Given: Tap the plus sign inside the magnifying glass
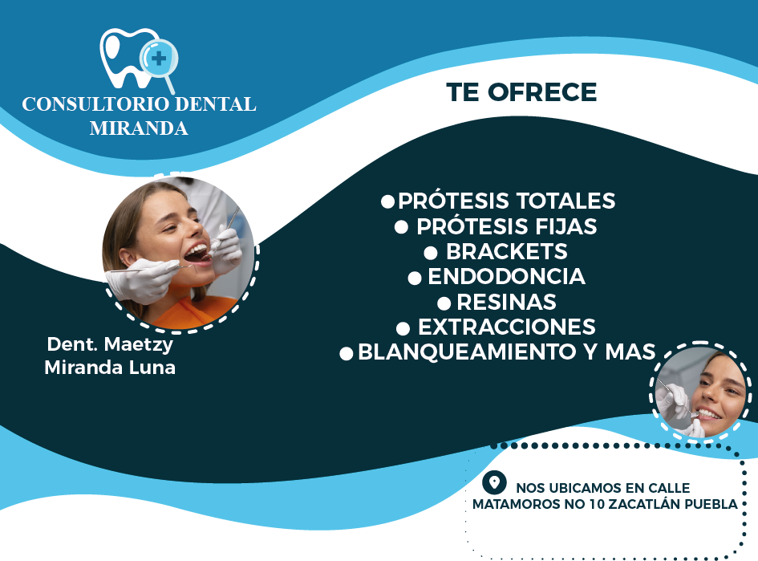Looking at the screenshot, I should (x=159, y=58).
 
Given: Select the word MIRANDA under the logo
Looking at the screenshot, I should (x=139, y=128).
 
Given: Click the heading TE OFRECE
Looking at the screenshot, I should (x=521, y=93).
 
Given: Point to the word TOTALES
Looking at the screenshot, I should (x=565, y=201).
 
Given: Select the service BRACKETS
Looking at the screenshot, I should (x=506, y=251).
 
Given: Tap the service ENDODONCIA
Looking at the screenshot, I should (x=506, y=277).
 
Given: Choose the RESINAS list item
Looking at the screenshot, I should (x=506, y=303).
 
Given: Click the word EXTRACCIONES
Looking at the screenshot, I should (x=506, y=327).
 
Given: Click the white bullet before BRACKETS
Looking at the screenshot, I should (x=430, y=253).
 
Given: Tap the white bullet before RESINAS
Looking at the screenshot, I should (x=444, y=303).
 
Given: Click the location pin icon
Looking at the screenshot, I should (x=494, y=483).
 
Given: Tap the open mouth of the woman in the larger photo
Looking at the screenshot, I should (x=197, y=253).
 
